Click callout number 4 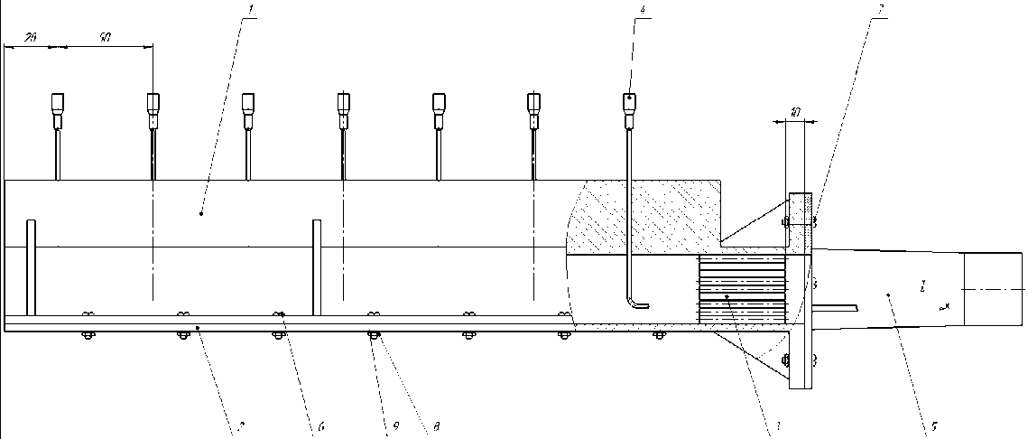[x=642, y=10]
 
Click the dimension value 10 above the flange [x=794, y=113]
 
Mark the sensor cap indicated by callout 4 [x=629, y=102]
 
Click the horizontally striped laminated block [x=742, y=290]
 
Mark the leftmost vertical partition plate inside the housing [x=31, y=267]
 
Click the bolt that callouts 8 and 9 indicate [x=373, y=336]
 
